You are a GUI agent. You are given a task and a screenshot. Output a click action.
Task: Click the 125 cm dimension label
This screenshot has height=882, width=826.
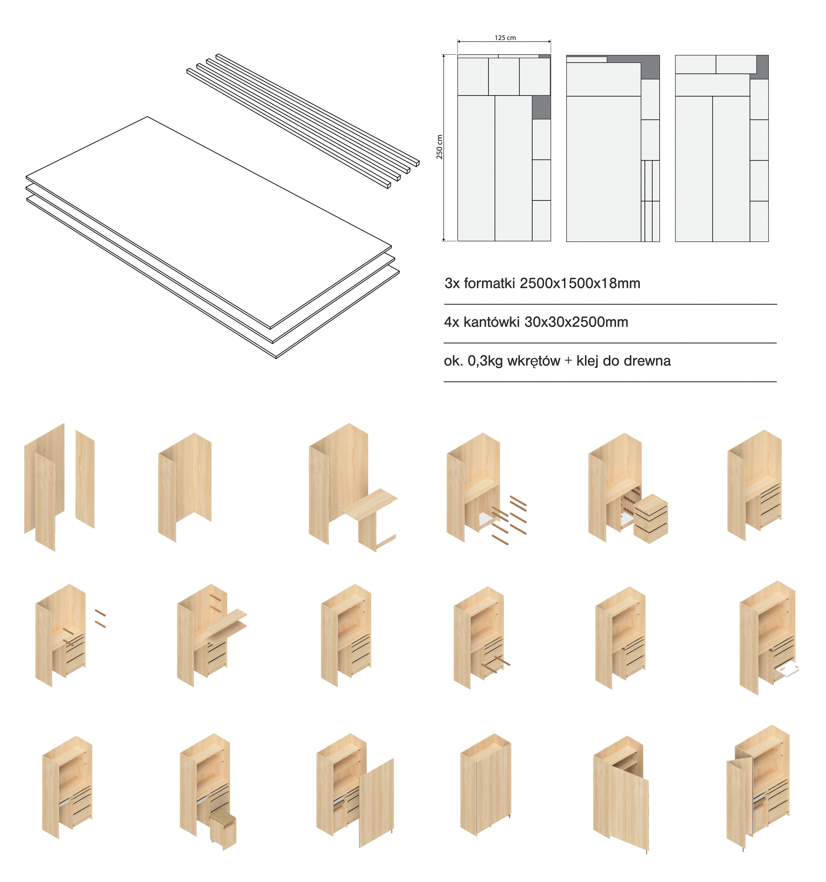point(505,38)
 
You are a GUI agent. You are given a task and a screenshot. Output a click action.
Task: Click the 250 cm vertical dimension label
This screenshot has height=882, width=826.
point(440,147)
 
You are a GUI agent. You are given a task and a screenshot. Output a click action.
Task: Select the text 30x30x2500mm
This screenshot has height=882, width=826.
point(576,322)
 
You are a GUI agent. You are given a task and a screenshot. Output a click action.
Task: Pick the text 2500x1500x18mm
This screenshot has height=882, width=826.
point(580,283)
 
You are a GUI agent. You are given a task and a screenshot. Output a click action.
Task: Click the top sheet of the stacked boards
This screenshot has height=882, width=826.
point(208,222)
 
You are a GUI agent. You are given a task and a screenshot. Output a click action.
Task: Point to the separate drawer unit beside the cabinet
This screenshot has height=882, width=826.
point(650,519)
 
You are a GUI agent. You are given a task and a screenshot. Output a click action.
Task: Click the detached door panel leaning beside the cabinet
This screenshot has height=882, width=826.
point(376,803)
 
